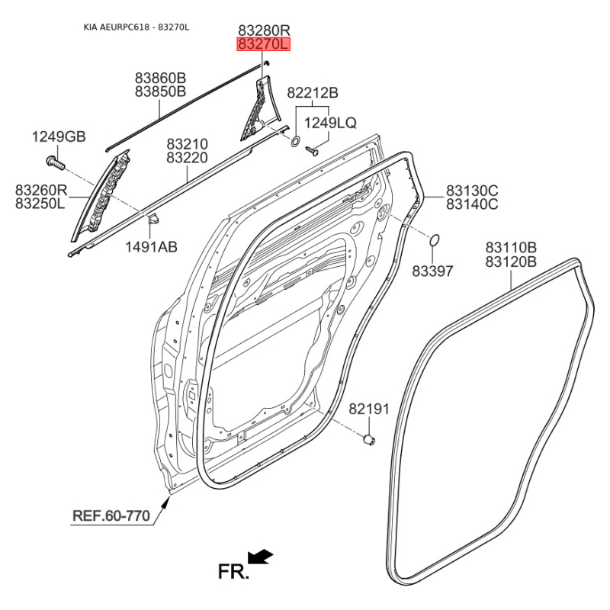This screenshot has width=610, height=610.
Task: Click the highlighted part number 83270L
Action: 264,45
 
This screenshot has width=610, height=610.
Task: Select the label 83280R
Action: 264,30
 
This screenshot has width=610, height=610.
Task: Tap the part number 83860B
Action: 160,78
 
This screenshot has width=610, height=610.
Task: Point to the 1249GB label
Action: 58,137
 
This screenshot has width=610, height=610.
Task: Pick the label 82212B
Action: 312,93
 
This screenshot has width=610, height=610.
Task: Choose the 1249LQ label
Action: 330,123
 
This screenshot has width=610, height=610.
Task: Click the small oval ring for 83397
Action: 435,241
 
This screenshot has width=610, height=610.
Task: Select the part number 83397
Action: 432,271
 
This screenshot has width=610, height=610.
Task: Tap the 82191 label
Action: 369,409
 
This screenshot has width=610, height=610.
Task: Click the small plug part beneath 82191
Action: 368,439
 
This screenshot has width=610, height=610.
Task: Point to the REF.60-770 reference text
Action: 111,516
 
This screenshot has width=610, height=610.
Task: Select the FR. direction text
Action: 233,571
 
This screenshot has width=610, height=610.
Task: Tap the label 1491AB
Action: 152,246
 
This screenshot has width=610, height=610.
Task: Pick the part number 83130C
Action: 472,190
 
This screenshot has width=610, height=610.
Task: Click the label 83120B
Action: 511,262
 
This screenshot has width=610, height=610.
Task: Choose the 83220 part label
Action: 187,158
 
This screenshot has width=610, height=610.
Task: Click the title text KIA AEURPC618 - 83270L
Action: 136,27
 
